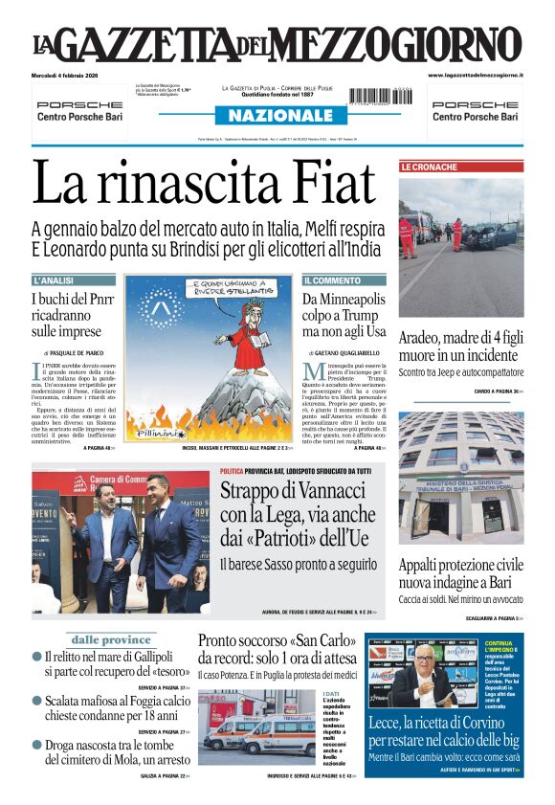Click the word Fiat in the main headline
click(x=318, y=185)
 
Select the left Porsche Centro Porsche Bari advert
click(x=78, y=110)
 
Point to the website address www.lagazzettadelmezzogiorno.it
click(x=475, y=75)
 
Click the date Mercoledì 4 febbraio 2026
click(x=72, y=75)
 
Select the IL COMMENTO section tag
click(x=332, y=280)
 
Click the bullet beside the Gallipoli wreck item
click(x=36, y=657)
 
